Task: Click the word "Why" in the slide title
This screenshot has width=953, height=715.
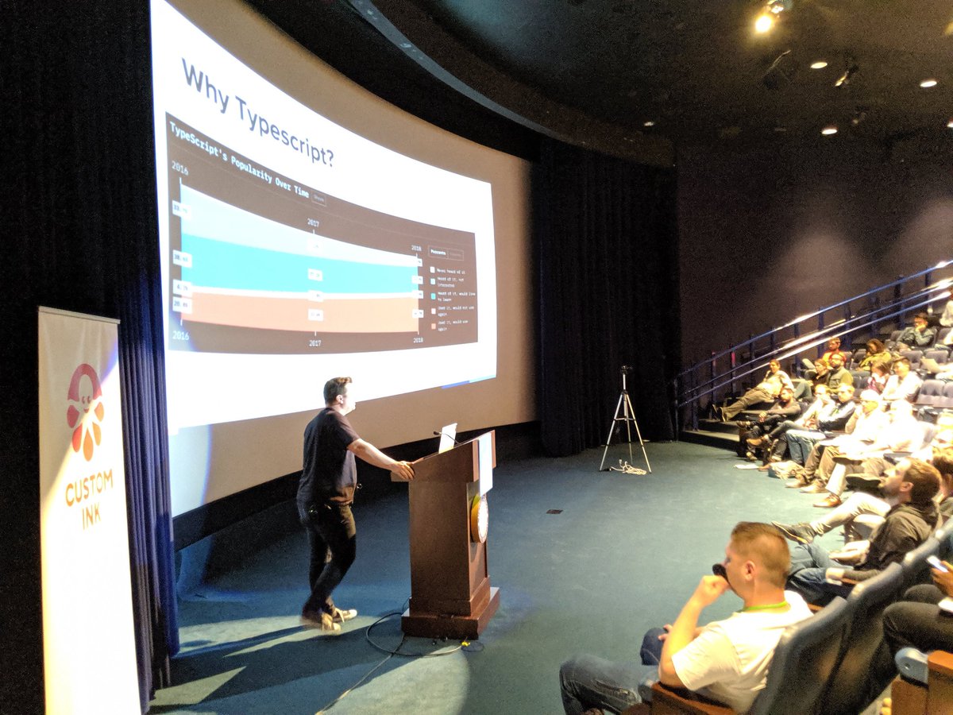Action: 209,82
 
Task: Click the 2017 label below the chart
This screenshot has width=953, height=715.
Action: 315,342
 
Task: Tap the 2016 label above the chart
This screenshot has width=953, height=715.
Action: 180,168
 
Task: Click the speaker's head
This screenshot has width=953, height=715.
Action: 338,392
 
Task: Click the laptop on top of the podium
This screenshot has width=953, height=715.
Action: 447,436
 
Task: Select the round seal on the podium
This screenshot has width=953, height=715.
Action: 479,519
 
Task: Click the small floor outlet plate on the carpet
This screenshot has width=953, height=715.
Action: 554,511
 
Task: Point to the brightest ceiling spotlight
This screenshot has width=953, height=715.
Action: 764,22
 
